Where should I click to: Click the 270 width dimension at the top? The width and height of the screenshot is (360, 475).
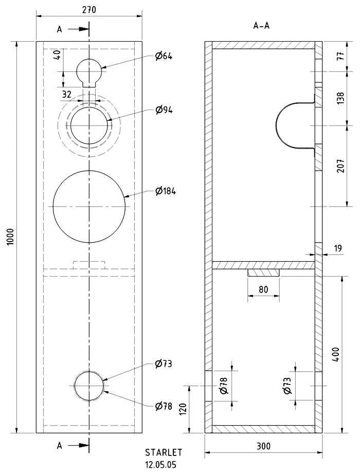pyautogui.click(x=89, y=10)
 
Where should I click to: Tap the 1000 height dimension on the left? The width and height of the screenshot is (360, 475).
pyautogui.click(x=10, y=237)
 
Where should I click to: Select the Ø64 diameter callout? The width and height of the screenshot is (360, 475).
pyautogui.click(x=164, y=56)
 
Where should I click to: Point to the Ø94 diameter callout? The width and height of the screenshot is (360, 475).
pyautogui.click(x=164, y=109)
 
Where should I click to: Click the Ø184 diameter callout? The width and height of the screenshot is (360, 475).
pyautogui.click(x=165, y=191)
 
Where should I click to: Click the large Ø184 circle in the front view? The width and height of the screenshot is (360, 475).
pyautogui.click(x=53, y=207)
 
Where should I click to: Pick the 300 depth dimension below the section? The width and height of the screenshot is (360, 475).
pyautogui.click(x=263, y=446)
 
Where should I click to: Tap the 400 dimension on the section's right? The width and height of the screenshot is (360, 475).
pyautogui.click(x=336, y=354)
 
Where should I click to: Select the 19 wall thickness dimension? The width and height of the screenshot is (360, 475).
pyautogui.click(x=337, y=248)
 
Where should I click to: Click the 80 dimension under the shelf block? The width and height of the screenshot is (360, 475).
pyautogui.click(x=263, y=289)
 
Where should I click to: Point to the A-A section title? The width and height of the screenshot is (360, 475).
pyautogui.click(x=261, y=26)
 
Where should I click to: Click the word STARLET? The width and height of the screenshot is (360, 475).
pyautogui.click(x=164, y=452)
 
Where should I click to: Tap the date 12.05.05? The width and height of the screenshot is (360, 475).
pyautogui.click(x=160, y=465)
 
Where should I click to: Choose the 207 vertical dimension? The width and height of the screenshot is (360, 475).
pyautogui.click(x=341, y=166)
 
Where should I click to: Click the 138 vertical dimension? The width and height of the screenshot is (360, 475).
pyautogui.click(x=341, y=98)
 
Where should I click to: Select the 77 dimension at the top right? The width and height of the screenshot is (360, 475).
pyautogui.click(x=341, y=56)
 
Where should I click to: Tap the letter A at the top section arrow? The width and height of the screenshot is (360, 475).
pyautogui.click(x=59, y=29)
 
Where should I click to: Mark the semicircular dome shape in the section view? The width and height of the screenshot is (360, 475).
pyautogui.click(x=276, y=125)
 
